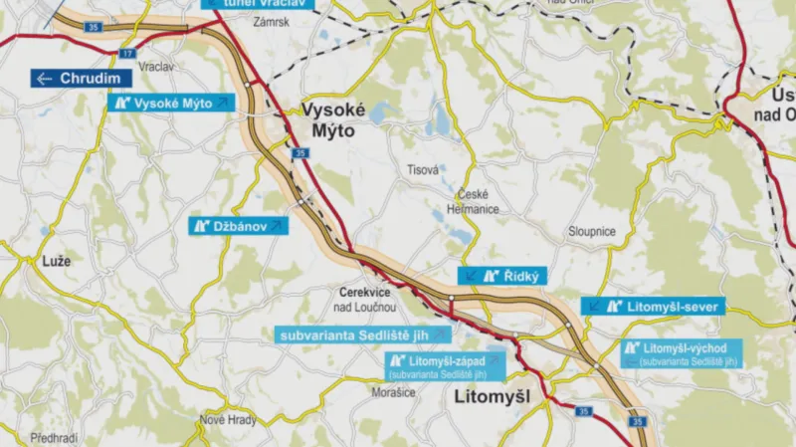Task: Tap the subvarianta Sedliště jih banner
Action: pyautogui.click(x=355, y=335)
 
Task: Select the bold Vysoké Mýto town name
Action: pyautogui.click(x=334, y=119)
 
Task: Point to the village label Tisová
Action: pyautogui.click(x=423, y=170)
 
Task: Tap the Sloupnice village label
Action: pyautogui.click(x=592, y=231)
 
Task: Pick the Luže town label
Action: pyautogui.click(x=57, y=261)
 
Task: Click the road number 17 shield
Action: pyautogui.click(x=127, y=53)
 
